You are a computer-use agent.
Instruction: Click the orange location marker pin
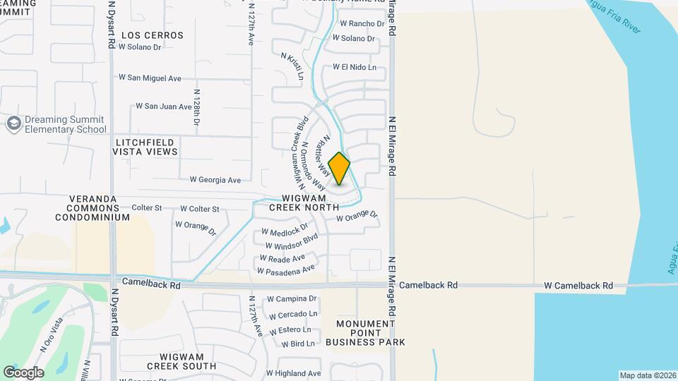pyautogui.click(x=339, y=169)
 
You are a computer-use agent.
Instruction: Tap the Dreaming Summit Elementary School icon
pyautogui.click(x=13, y=124)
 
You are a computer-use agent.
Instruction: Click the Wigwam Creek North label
pyautogui.click(x=304, y=202)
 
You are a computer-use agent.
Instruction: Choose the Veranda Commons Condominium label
pyautogui.click(x=99, y=208)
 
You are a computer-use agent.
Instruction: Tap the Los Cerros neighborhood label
pyautogui.click(x=153, y=35)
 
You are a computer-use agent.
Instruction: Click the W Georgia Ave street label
pyautogui.click(x=215, y=180)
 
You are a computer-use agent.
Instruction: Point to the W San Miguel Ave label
pyautogui.click(x=150, y=78)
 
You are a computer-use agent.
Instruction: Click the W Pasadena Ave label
pyautogui.click(x=286, y=270)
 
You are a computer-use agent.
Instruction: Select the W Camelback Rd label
pyautogui.click(x=578, y=286)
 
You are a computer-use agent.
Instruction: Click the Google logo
pyautogui.click(x=23, y=373)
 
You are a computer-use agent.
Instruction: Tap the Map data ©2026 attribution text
pyautogui.click(x=647, y=375)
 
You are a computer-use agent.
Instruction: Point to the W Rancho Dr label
pyautogui.click(x=362, y=23)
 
